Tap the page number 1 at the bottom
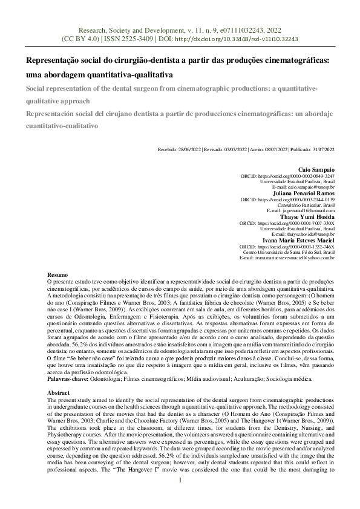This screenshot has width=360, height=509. pos(180,496)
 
